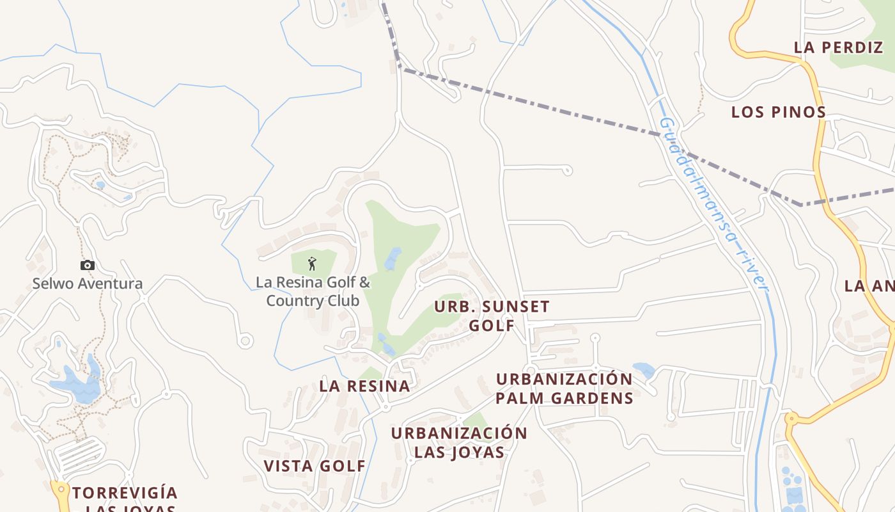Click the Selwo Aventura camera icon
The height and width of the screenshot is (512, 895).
(x=88, y=265)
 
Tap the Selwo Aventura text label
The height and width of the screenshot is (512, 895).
(x=88, y=284)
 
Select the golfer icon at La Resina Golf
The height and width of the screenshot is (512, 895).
(x=312, y=263)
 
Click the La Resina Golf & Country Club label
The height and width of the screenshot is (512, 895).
(x=313, y=291)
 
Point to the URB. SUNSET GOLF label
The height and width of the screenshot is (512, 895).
(x=492, y=316)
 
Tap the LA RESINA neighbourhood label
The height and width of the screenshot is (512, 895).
(x=364, y=386)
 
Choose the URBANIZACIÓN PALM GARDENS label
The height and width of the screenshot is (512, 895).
(x=564, y=388)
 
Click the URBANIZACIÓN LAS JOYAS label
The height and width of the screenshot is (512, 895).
(x=459, y=442)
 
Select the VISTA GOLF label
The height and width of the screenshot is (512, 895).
(x=315, y=466)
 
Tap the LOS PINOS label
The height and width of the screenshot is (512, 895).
(x=779, y=112)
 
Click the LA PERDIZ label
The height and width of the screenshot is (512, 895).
(x=838, y=47)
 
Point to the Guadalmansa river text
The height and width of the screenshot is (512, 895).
(x=713, y=205)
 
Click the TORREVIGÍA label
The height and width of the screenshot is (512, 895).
(x=125, y=493)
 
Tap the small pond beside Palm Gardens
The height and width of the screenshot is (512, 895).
(x=643, y=370)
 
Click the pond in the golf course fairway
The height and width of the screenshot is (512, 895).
(x=393, y=259)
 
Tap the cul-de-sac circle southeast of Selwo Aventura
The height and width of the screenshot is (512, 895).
(x=245, y=341)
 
